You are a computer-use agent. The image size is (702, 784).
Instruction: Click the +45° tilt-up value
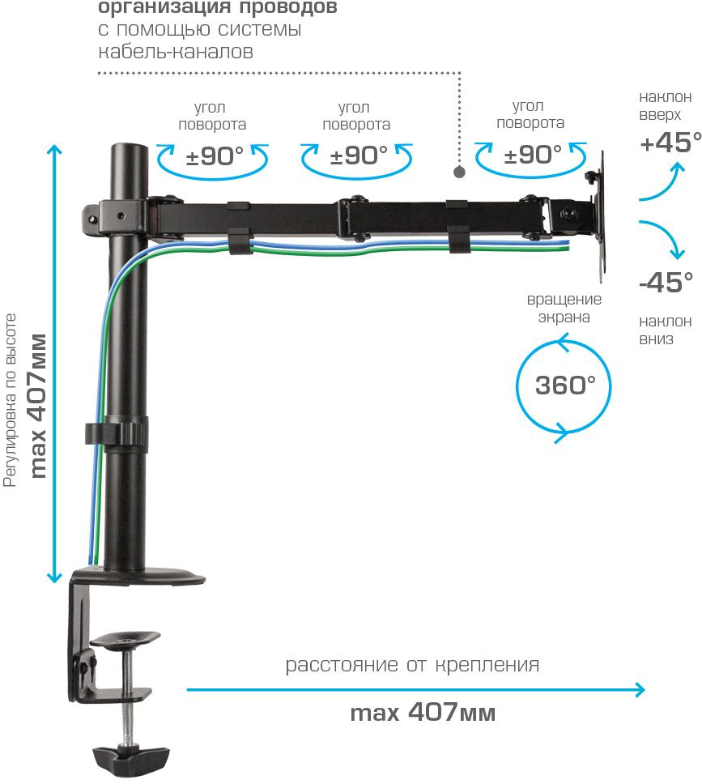(x=670, y=143)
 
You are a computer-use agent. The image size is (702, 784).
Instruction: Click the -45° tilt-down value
(x=666, y=283)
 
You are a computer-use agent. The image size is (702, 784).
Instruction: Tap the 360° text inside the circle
(x=565, y=385)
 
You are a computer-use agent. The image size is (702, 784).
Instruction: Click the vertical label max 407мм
(x=37, y=405)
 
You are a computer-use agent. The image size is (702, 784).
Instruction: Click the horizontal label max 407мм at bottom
(x=423, y=714)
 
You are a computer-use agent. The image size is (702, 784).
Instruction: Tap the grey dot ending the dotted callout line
(x=459, y=173)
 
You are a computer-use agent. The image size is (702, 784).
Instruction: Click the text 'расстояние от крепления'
(x=412, y=666)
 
